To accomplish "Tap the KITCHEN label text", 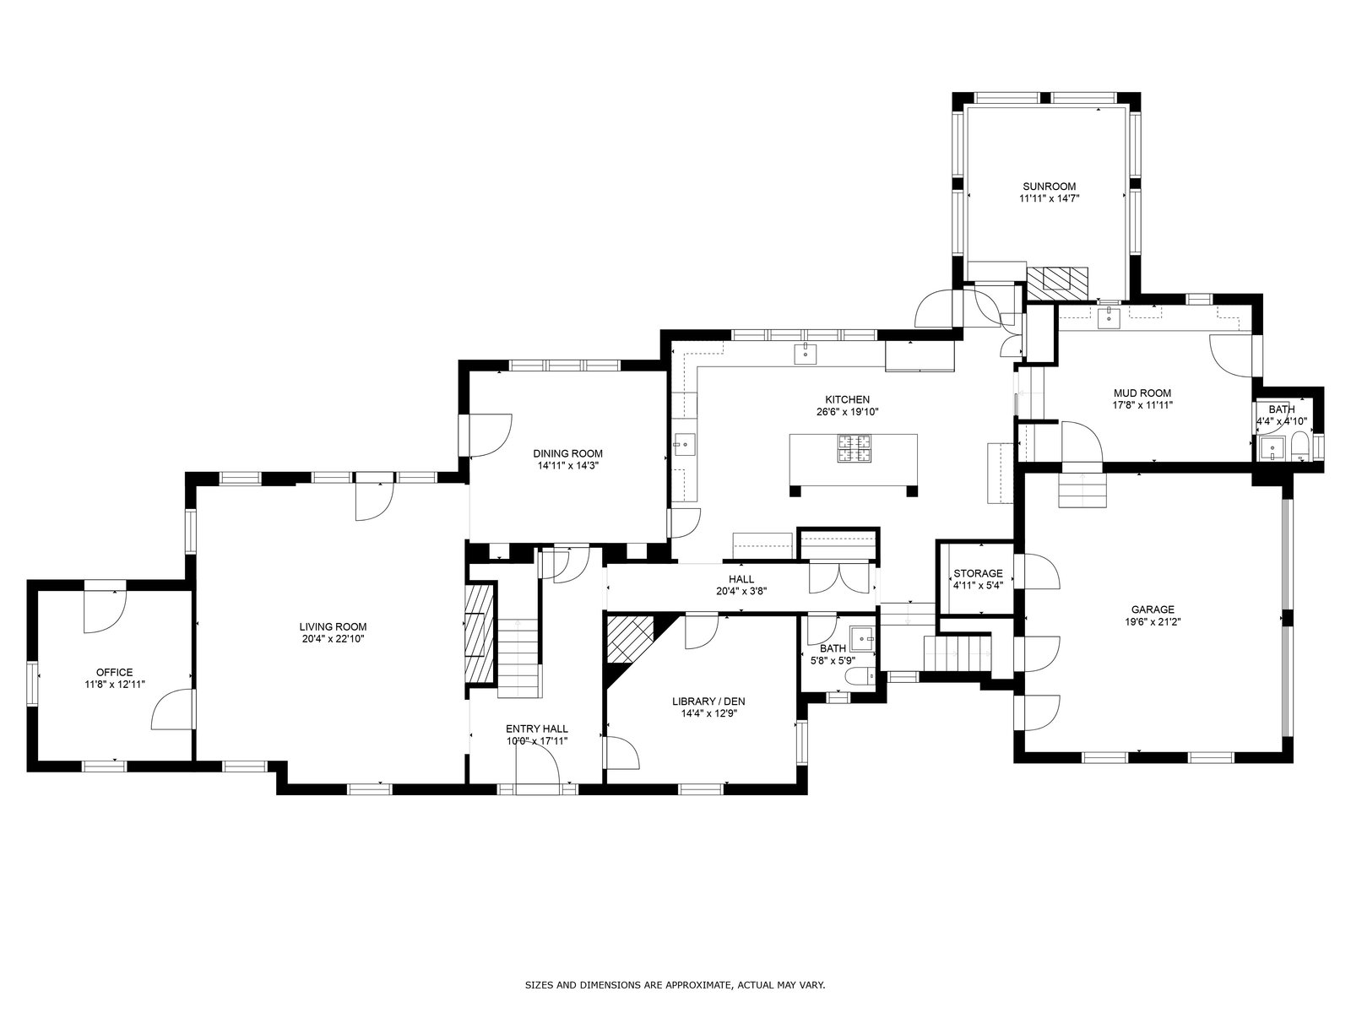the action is click(x=847, y=400).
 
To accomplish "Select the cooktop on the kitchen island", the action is click(x=854, y=448).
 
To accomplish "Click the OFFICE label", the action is click(x=115, y=672).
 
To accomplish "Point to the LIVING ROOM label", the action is click(x=333, y=626).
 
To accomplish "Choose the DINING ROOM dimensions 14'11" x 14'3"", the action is click(x=568, y=466).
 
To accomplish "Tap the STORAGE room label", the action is click(x=978, y=573).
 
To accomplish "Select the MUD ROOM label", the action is click(x=1142, y=393).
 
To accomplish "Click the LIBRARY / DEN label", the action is click(x=708, y=702).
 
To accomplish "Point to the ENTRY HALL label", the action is click(x=537, y=729).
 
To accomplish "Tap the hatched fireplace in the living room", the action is click(x=480, y=633).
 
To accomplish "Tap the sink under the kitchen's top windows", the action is click(x=805, y=354).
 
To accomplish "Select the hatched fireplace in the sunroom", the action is click(x=1057, y=284).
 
